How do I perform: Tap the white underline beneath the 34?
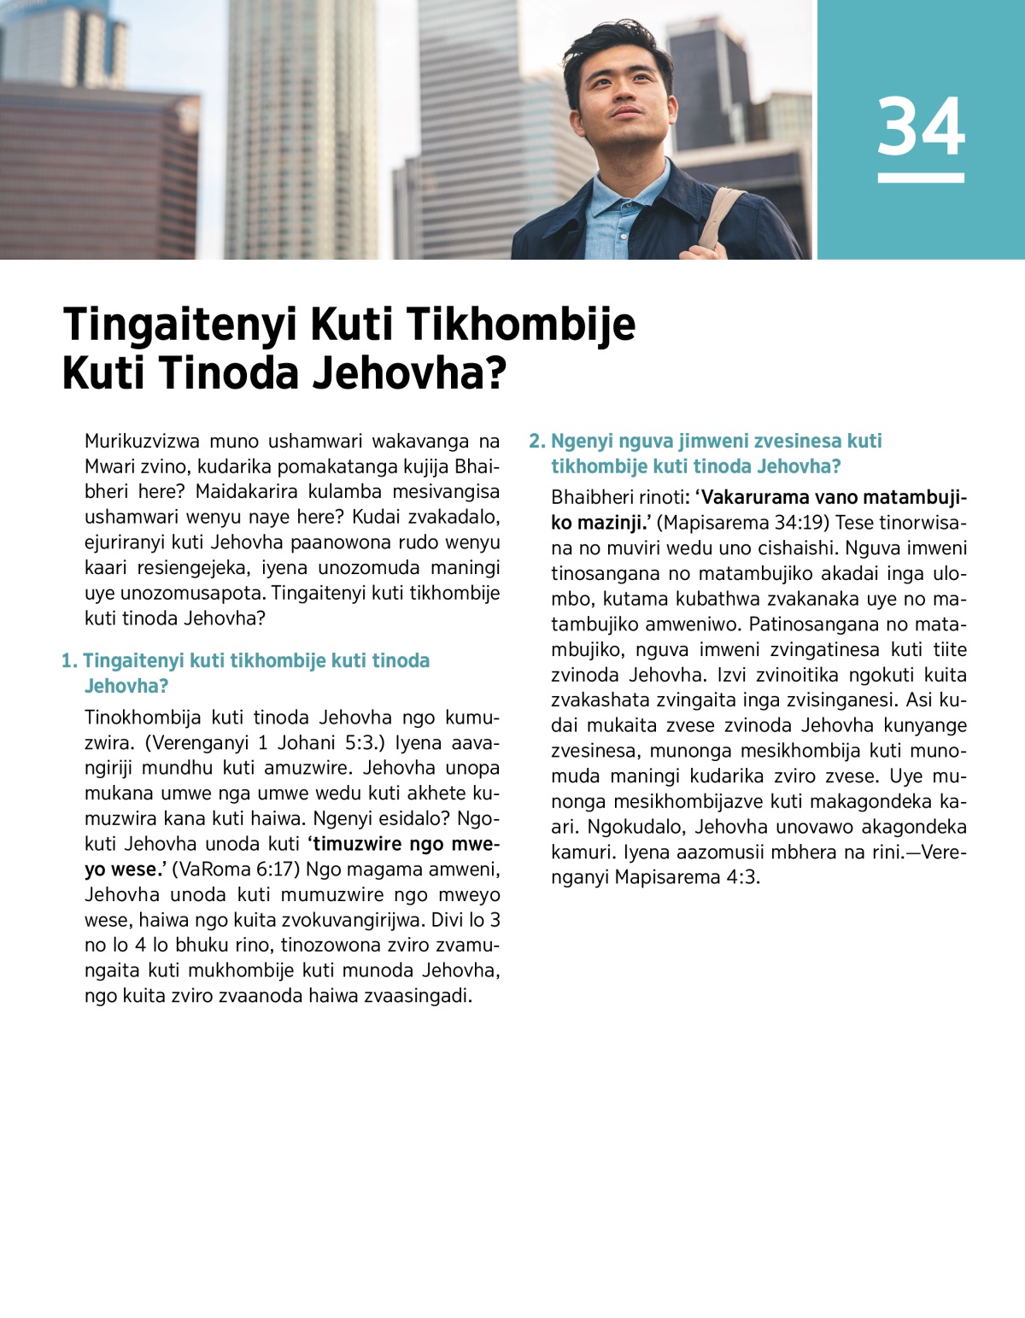[921, 178]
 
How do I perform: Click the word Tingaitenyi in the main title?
[181, 325]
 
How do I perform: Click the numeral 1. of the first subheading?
[69, 661]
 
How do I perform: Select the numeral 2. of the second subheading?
[536, 442]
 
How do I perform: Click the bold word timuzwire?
[357, 844]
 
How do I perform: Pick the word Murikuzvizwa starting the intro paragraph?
[142, 442]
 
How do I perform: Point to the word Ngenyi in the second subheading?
[582, 442]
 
